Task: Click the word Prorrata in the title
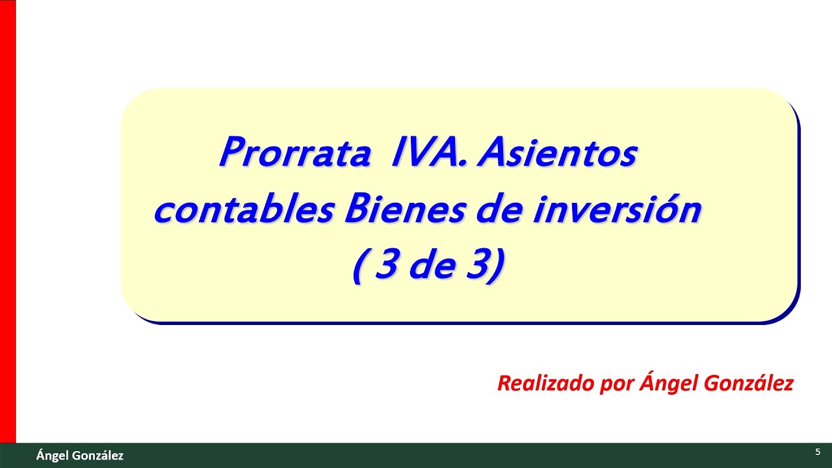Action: tap(295, 154)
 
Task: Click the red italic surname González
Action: tap(748, 383)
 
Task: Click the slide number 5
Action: tap(817, 452)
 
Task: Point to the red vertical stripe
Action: tap(7, 221)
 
